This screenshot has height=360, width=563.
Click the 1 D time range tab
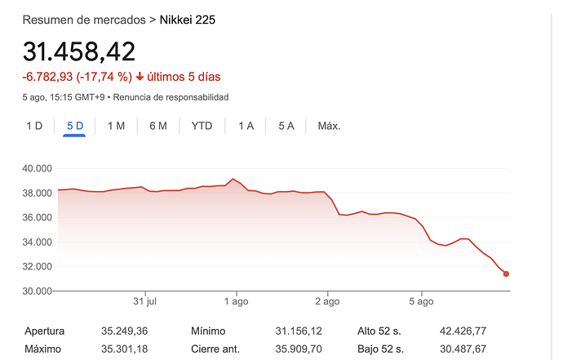click(34, 126)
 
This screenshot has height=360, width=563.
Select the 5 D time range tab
click(75, 126)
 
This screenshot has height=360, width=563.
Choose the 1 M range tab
click(116, 126)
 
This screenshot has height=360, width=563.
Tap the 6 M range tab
click(158, 126)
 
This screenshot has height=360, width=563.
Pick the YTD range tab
click(202, 126)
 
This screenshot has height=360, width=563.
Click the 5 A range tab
click(286, 126)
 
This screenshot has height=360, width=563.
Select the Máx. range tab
click(329, 126)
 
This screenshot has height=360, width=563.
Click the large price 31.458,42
click(78, 51)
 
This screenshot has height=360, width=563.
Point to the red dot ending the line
click(506, 273)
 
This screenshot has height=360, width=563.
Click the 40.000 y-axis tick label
click(38, 169)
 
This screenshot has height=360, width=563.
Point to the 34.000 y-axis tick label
click(38, 242)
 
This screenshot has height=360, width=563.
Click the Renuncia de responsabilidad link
click(171, 97)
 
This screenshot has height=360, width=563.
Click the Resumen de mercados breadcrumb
click(84, 18)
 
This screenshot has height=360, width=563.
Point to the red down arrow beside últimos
click(140, 77)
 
